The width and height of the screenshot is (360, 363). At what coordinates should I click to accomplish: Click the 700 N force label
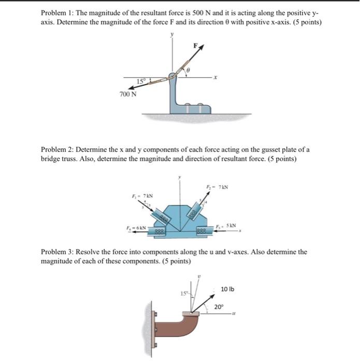click(128, 94)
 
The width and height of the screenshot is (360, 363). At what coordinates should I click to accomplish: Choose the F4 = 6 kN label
click(133, 227)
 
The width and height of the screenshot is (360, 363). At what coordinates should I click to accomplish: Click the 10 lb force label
click(227, 289)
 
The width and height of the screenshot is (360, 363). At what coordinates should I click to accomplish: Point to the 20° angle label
click(220, 307)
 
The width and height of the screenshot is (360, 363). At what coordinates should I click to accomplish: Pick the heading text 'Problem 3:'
click(57, 252)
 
